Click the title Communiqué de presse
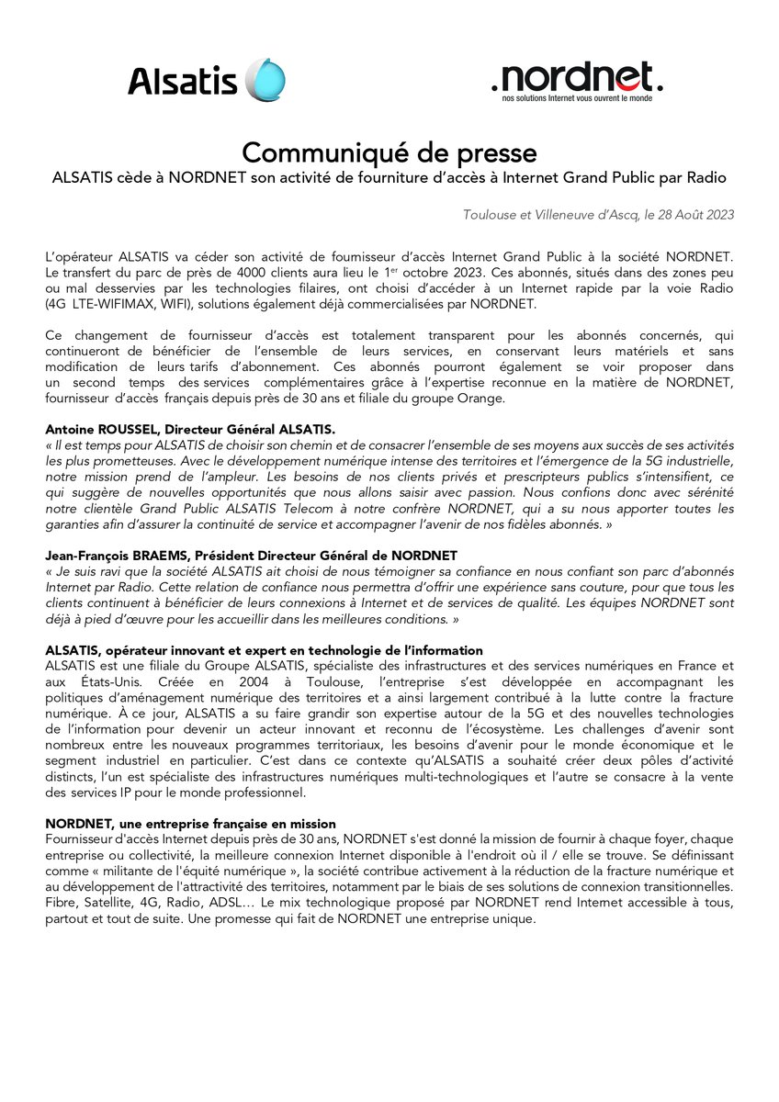click(389, 152)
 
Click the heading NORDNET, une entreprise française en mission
click(190, 824)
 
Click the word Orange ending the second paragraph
click(475, 398)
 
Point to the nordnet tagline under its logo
click(577, 97)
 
